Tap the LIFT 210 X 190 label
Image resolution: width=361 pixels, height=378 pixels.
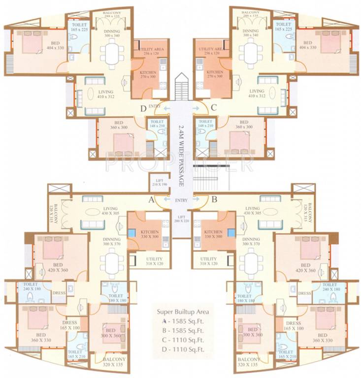pyautogui.click(x=159, y=183)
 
